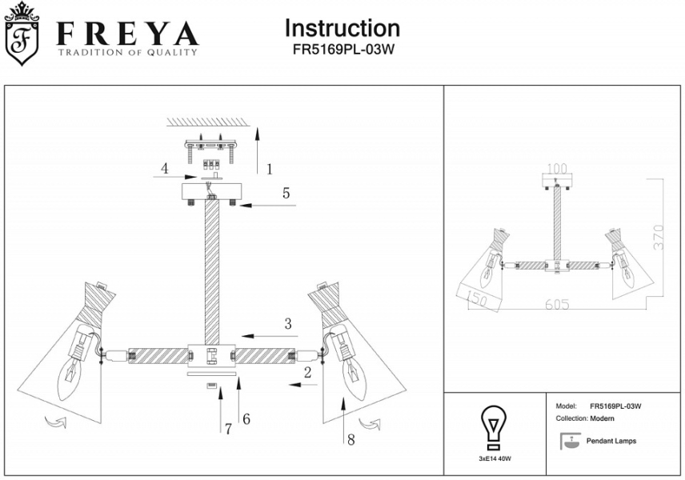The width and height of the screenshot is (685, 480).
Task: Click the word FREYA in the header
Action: click(126, 34)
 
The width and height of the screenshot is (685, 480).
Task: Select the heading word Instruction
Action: click(342, 28)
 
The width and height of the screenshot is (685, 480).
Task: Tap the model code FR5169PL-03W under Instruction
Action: click(342, 48)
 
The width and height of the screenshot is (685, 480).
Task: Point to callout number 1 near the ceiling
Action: click(270, 169)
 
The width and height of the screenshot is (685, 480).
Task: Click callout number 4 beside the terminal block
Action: click(164, 169)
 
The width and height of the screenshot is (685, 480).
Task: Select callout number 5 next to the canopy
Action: click(285, 193)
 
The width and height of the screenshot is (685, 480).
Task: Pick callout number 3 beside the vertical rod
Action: click(287, 324)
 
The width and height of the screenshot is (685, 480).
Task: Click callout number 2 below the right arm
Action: click(306, 372)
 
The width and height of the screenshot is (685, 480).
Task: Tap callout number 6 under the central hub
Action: click(246, 418)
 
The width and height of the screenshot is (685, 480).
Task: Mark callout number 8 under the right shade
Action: click(350, 438)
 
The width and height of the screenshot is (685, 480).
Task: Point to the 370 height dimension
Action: click(658, 238)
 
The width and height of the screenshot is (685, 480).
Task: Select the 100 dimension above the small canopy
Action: click(555, 170)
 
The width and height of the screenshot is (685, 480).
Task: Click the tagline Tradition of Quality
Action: click(126, 53)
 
